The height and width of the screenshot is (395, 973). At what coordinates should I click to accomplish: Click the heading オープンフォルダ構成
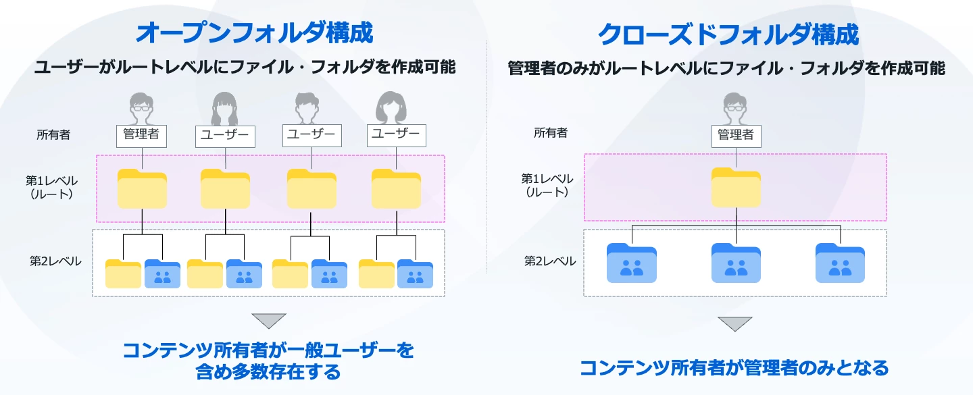[x=255, y=33]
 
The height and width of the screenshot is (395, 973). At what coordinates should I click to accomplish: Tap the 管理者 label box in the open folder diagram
[x=141, y=135]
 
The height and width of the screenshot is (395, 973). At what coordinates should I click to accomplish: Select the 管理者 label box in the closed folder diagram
[x=736, y=135]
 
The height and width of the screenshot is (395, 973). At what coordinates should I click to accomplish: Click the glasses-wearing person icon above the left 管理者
[x=141, y=107]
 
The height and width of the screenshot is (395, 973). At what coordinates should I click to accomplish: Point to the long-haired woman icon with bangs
[x=225, y=108]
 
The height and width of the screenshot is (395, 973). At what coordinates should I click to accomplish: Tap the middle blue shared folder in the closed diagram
[x=736, y=263]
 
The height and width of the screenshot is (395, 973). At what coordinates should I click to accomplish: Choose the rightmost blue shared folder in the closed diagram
[x=840, y=263]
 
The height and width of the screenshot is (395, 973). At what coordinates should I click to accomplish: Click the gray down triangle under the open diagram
[x=269, y=321]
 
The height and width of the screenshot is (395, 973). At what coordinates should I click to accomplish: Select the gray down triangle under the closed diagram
[x=735, y=324]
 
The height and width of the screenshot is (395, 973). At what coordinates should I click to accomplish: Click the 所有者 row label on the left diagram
[x=53, y=135]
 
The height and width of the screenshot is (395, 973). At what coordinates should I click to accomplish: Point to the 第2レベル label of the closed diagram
[x=550, y=261]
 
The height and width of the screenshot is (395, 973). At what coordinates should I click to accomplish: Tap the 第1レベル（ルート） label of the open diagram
[x=52, y=187]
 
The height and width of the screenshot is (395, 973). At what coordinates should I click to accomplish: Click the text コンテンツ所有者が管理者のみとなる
[x=734, y=368]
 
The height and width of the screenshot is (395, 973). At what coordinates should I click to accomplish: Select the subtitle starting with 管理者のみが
[x=726, y=69]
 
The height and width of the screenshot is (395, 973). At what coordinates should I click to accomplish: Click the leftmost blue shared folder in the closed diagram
[x=632, y=263]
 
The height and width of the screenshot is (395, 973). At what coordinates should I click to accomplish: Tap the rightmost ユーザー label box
[x=397, y=135]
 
